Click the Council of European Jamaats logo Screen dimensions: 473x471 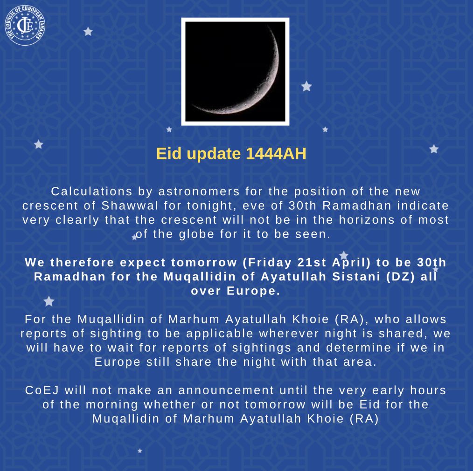(x=25, y=25)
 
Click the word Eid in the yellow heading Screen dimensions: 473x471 (x=169, y=153)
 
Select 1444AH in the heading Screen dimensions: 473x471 (x=276, y=153)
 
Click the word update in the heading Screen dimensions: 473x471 (x=214, y=154)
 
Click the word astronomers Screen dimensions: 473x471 (x=199, y=191)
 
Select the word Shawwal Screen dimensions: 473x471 (x=130, y=205)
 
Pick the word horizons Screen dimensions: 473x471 (x=367, y=220)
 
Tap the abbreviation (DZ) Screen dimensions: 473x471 (x=401, y=277)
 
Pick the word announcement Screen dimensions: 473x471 (x=226, y=390)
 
